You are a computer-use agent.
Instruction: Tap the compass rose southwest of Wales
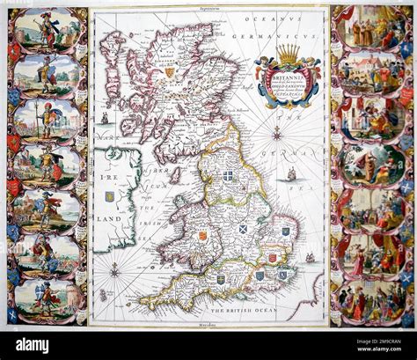[114, 269]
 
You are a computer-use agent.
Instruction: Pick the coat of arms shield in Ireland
[109, 185]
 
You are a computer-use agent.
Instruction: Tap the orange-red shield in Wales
[201, 236]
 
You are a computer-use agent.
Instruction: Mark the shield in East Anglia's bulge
[285, 231]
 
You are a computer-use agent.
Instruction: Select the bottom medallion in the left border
[46, 297]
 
